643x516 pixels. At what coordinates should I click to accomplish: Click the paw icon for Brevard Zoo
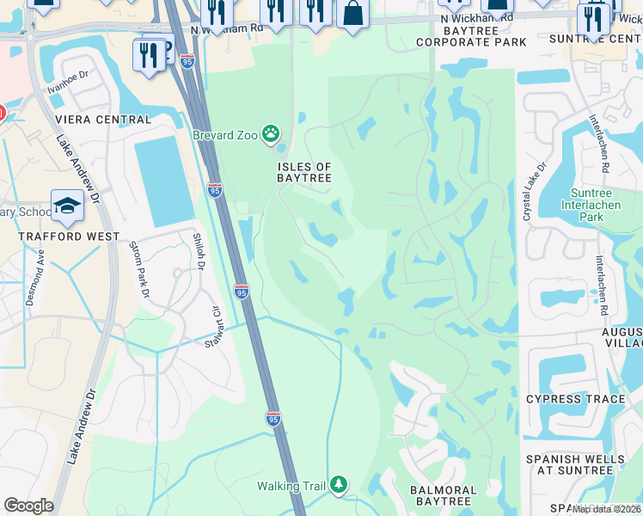272,132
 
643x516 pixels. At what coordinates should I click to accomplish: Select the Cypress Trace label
575,400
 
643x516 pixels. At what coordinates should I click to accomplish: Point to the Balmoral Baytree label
441,495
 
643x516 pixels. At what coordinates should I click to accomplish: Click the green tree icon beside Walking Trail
340,486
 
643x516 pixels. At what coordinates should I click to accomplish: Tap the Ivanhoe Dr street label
69,85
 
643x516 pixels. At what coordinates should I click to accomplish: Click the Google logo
28,506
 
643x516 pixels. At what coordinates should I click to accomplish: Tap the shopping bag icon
352,12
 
